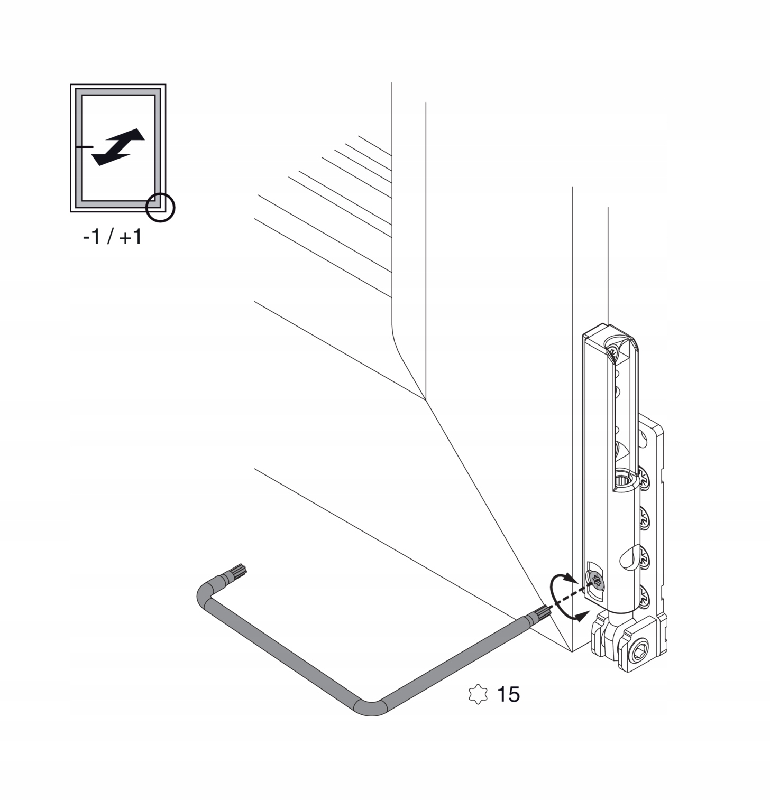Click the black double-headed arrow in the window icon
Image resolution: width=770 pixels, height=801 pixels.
(118, 147)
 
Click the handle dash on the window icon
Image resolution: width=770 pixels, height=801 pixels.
(85, 146)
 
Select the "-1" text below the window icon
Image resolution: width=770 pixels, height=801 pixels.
(91, 237)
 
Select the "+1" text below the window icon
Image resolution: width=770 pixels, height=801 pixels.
(131, 237)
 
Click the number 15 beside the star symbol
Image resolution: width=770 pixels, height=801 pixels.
(508, 694)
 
